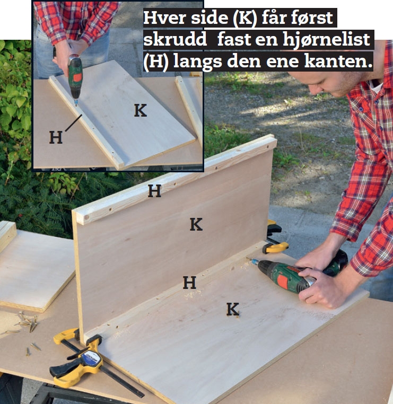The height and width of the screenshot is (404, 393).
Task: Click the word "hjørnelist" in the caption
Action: tap(326, 39)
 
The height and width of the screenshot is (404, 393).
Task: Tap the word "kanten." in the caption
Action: tap(338, 61)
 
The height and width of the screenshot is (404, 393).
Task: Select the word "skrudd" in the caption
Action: tap(175, 39)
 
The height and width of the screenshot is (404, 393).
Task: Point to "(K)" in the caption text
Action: tap(245, 18)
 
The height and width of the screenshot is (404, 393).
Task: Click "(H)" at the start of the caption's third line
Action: tap(156, 62)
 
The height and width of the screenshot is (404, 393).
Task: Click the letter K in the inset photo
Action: tap(141, 110)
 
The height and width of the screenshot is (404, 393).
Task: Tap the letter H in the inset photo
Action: tap(56, 137)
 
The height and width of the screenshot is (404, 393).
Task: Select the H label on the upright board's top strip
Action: tap(155, 191)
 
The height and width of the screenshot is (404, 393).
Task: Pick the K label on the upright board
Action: tap(196, 224)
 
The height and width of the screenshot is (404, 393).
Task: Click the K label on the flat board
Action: tap(233, 309)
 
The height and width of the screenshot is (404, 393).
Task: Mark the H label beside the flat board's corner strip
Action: tap(189, 283)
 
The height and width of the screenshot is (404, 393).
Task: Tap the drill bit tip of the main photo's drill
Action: tap(248, 258)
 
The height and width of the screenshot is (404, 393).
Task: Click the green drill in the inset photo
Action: tap(75, 77)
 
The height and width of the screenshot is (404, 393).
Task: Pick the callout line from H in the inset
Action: tap(74, 123)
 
